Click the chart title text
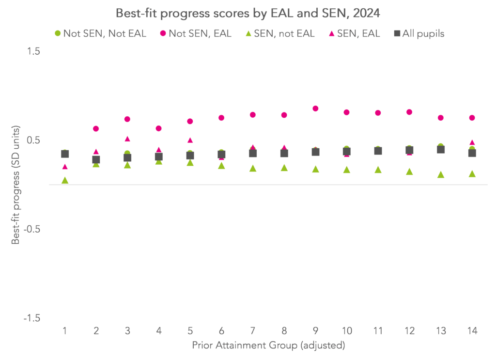coord(248,12)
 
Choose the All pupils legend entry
coord(419,33)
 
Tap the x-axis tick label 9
coord(315,331)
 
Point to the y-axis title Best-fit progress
coord(16,185)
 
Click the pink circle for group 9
coord(315,109)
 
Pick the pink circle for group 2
coord(96,128)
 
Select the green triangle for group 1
coord(65,180)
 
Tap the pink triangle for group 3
coord(127,139)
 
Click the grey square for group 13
coord(441,149)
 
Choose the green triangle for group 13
coord(441,174)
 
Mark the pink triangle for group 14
coord(472,142)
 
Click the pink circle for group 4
coord(158,128)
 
